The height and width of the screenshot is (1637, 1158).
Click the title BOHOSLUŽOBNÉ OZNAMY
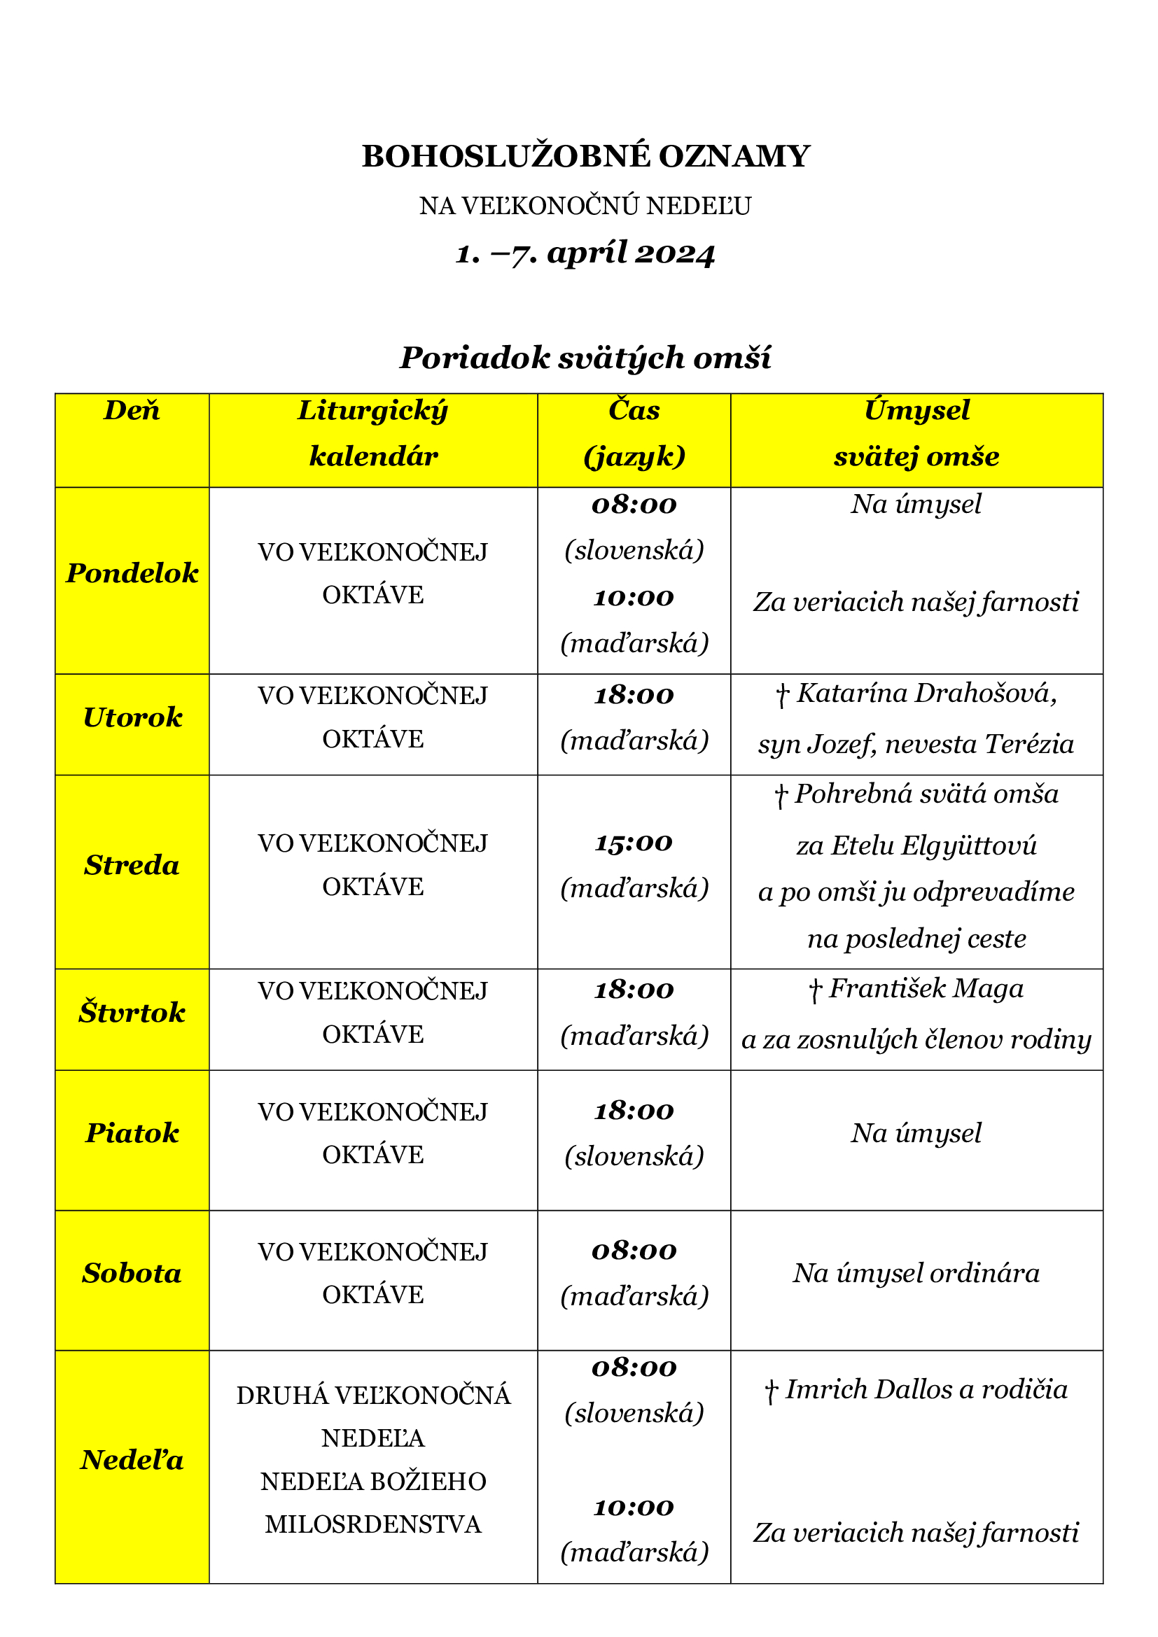(585, 156)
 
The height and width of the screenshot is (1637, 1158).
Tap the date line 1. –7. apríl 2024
(585, 253)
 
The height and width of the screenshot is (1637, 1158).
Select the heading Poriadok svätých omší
(585, 358)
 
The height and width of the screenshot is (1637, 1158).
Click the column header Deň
(132, 411)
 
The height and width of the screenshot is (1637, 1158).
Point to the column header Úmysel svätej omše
(916, 433)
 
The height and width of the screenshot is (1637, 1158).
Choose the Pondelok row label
(132, 573)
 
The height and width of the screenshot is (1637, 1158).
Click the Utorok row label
(132, 717)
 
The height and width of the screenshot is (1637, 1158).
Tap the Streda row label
(132, 865)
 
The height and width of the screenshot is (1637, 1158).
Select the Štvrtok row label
(132, 1013)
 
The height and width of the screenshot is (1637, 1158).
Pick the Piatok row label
(132, 1133)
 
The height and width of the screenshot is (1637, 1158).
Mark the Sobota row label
(132, 1273)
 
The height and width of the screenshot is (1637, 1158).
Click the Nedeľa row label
(132, 1460)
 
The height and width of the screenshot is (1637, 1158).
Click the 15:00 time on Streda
(634, 843)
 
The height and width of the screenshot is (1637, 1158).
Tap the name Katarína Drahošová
(926, 693)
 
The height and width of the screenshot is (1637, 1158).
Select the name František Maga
(926, 989)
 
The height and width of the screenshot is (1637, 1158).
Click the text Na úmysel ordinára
(916, 1273)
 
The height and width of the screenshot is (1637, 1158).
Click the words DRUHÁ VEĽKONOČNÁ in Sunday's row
(373, 1396)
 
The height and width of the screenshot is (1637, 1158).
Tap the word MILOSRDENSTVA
(373, 1524)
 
